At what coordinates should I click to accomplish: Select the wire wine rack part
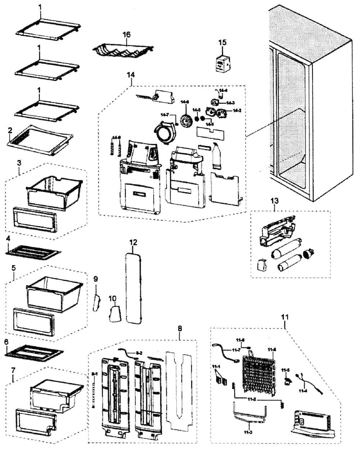coord(123,49)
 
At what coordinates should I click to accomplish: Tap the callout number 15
coord(222,42)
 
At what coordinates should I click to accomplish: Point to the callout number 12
coord(133,242)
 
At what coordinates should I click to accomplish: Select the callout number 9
coord(95,279)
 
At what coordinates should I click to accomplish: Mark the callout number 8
coord(180,329)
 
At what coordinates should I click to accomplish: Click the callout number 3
coord(19,163)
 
